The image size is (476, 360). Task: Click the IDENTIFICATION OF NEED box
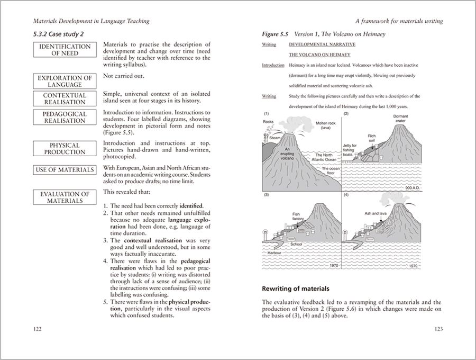[65, 50]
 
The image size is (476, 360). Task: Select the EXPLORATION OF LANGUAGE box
[65, 81]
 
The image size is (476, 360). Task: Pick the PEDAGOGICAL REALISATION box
[65, 117]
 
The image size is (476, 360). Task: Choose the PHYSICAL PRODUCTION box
[65, 149]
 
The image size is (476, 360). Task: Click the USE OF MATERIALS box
[65, 170]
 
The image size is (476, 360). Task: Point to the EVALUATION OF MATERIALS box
[65, 197]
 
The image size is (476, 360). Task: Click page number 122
[37, 329]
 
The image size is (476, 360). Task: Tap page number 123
[438, 329]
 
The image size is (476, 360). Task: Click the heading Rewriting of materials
[296, 289]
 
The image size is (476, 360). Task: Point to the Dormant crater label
[404, 119]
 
